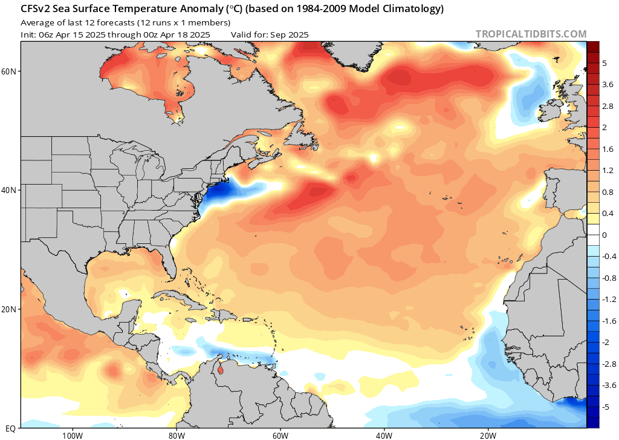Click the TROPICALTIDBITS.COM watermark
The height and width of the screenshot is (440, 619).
531,34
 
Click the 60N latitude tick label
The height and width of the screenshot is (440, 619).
9,71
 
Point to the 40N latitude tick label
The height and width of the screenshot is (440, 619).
9,190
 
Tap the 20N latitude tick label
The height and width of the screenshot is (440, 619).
9,309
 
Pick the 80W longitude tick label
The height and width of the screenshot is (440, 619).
176,435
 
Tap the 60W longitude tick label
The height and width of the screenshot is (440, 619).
280,435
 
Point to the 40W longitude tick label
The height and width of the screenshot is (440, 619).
384,435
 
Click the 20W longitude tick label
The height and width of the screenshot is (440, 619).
488,435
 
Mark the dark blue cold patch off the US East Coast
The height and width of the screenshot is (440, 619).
221,192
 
